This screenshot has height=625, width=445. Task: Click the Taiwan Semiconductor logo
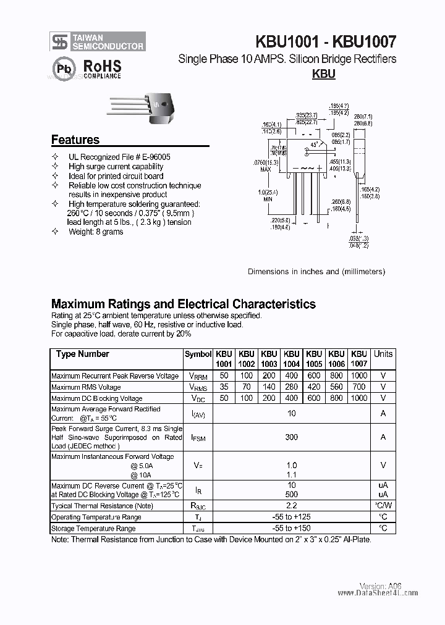[98, 41]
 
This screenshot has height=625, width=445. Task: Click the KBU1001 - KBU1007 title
[326, 41]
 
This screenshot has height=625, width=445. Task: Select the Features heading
[75, 140]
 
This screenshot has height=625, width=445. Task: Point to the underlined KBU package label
[323, 74]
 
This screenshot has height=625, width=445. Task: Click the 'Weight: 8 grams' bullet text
[96, 232]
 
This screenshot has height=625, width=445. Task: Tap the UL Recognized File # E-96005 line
[119, 157]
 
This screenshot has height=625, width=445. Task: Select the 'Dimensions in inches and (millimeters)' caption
[316, 271]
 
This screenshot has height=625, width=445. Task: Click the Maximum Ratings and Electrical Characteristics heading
[184, 304]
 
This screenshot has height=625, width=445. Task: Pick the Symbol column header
[198, 354]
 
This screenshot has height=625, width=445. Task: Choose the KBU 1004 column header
[292, 359]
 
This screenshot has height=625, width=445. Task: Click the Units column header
[383, 354]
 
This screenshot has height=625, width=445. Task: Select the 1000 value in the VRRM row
[358, 375]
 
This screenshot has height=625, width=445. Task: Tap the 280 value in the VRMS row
[292, 387]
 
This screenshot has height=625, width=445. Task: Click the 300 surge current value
[292, 437]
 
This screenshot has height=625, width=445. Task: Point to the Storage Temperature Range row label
[93, 529]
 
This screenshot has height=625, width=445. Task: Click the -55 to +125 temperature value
[292, 517]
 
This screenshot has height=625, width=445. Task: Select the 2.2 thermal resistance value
[292, 506]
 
